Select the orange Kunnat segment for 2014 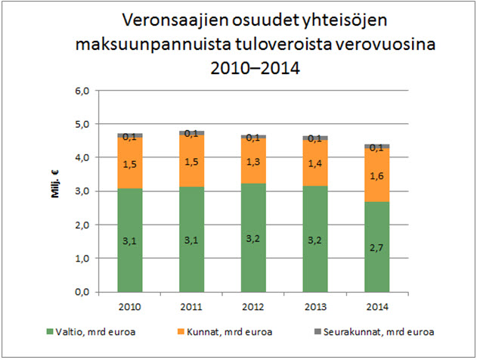pyautogui.click(x=382, y=175)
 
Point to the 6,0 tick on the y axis pyautogui.click(x=80, y=91)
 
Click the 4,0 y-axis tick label pyautogui.click(x=80, y=157)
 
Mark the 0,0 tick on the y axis pyautogui.click(x=80, y=292)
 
